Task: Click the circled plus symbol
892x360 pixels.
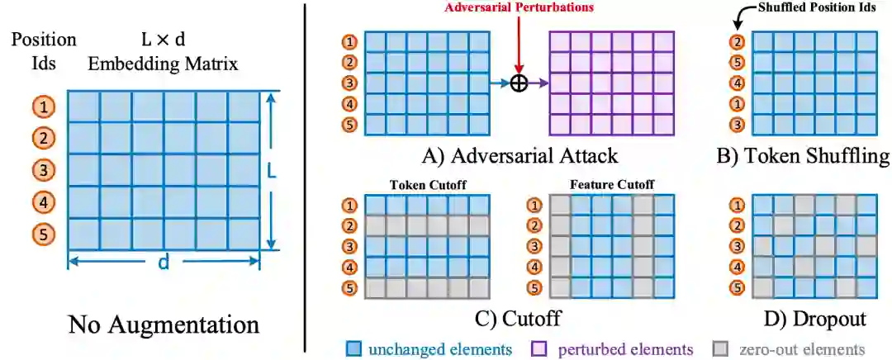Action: point(519,83)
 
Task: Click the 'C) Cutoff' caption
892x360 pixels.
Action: point(519,318)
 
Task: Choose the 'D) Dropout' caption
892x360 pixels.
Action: point(814,318)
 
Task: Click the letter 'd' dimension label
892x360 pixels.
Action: point(164,263)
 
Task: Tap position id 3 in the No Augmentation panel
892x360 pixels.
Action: point(44,170)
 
